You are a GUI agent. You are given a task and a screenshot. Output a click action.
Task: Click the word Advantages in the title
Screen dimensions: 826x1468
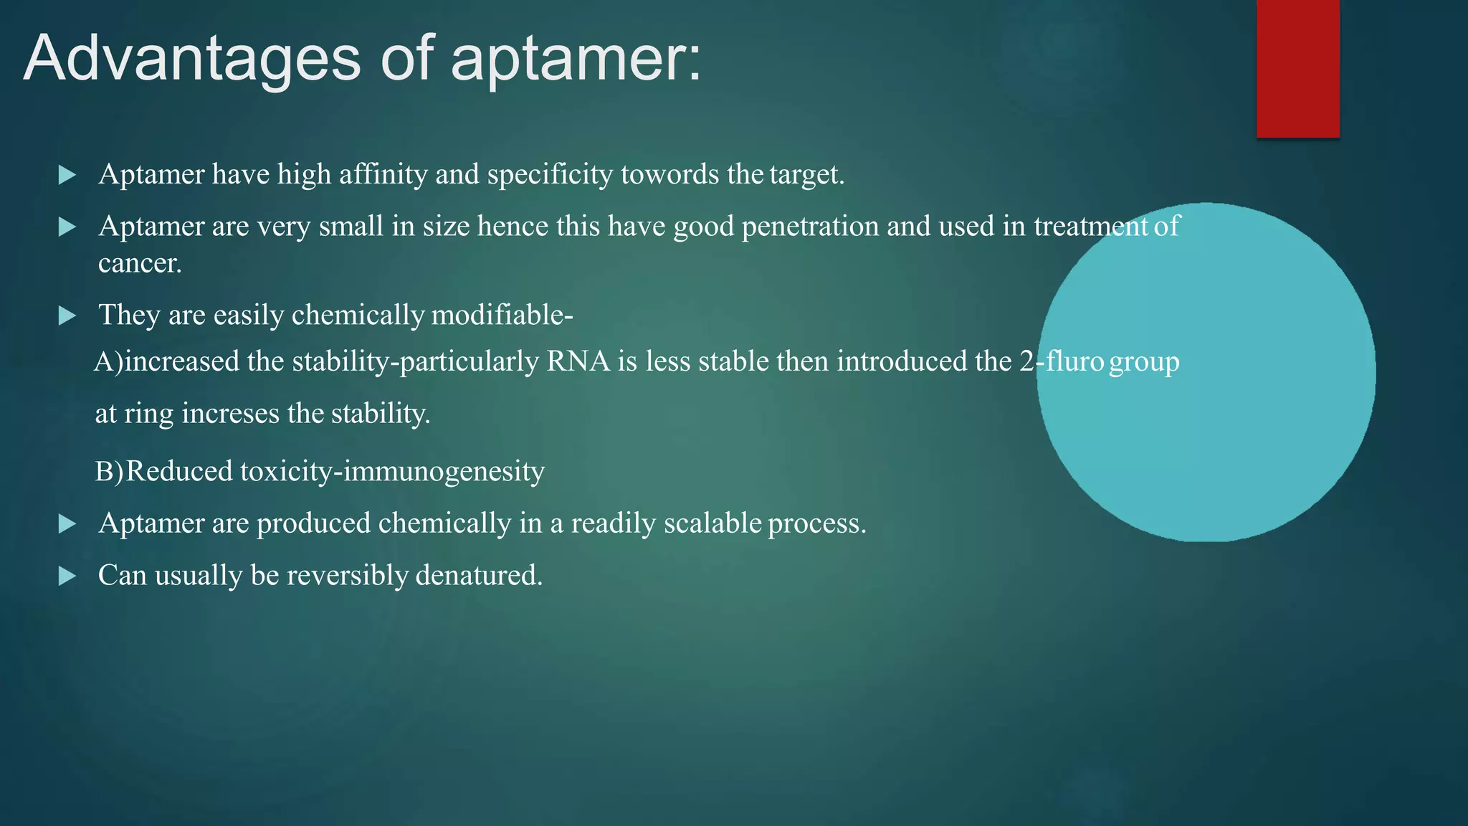(192, 59)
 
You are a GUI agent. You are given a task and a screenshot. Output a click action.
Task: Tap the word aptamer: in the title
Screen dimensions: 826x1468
(576, 59)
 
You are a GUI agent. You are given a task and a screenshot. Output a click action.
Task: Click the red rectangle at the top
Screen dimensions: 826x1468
(1297, 68)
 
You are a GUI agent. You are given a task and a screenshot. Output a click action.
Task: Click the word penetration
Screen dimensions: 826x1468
(810, 227)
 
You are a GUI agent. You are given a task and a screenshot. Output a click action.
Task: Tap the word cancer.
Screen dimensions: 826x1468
(140, 264)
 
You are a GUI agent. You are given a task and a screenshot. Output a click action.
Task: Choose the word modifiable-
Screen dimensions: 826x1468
(502, 315)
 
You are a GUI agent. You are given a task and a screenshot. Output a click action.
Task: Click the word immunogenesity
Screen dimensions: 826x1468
(444, 472)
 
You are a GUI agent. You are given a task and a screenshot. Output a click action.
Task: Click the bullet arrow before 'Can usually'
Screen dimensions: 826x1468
(67, 576)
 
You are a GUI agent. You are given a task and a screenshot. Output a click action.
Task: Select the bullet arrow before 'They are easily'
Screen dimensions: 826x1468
(67, 315)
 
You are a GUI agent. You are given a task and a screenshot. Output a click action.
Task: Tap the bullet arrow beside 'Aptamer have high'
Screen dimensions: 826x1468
(67, 175)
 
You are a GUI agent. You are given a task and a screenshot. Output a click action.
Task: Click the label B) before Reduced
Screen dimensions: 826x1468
(109, 472)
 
